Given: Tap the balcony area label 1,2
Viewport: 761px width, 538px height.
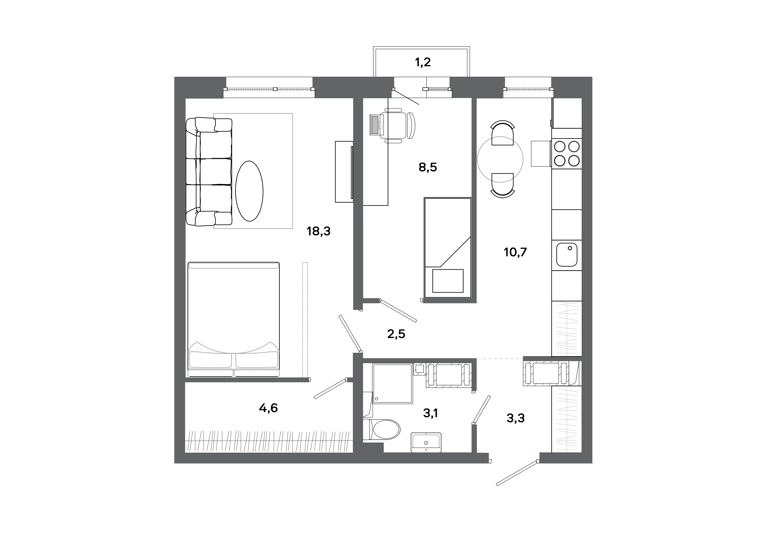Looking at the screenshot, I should [x=423, y=62].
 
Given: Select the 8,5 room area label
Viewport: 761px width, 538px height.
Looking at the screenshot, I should [x=428, y=167].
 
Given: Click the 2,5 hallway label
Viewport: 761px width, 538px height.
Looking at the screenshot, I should [x=396, y=334].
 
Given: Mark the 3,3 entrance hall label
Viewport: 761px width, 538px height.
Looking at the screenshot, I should [x=515, y=418].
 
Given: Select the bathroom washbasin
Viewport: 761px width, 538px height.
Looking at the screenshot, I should [x=426, y=442].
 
